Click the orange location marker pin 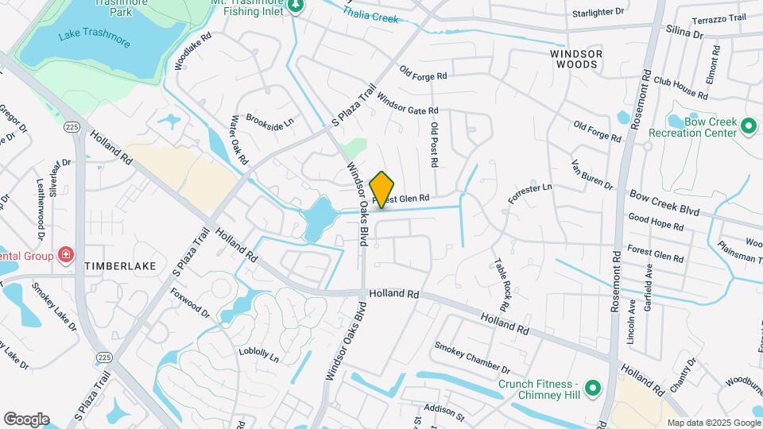[x=382, y=189]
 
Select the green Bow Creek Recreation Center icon [x=747, y=126]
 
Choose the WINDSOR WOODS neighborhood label [x=577, y=59]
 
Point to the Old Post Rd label [x=434, y=144]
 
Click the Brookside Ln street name [x=270, y=123]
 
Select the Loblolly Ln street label [x=259, y=354]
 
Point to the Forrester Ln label [x=530, y=195]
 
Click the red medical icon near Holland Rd [x=66, y=256]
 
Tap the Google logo [x=26, y=419]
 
